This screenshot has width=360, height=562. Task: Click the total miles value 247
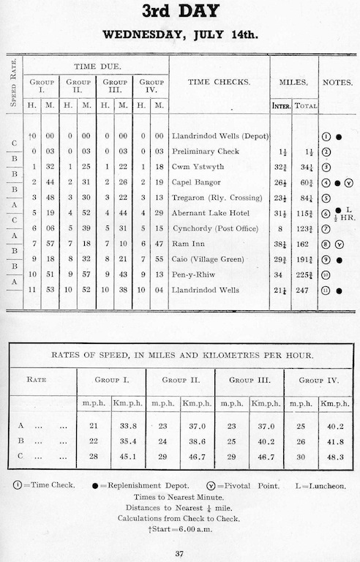click(306, 291)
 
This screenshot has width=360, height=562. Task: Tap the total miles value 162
click(306, 244)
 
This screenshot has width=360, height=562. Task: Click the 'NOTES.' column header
click(338, 82)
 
